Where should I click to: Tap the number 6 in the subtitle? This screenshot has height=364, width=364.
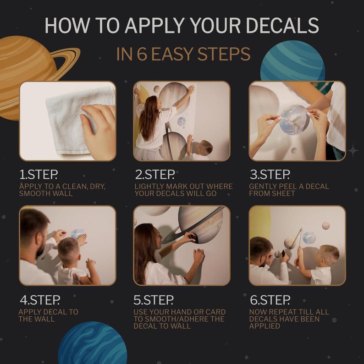click(x=143, y=54)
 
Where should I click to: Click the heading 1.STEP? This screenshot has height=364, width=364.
click(x=39, y=175)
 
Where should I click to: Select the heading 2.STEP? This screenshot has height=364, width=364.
click(x=155, y=175)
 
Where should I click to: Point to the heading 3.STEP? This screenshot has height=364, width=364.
click(x=270, y=175)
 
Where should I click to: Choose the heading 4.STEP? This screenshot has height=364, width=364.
click(x=40, y=300)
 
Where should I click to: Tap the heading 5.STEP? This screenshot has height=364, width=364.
click(x=154, y=300)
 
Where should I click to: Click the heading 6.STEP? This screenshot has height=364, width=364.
click(x=270, y=300)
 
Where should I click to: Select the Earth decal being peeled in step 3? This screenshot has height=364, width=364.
click(x=294, y=120)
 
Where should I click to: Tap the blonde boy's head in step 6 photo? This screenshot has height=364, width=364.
click(x=329, y=255)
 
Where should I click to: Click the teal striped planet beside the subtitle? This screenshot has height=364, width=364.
click(x=292, y=61)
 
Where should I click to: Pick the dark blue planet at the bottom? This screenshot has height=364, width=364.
click(x=93, y=343)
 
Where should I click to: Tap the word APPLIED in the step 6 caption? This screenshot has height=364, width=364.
click(x=265, y=326)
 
